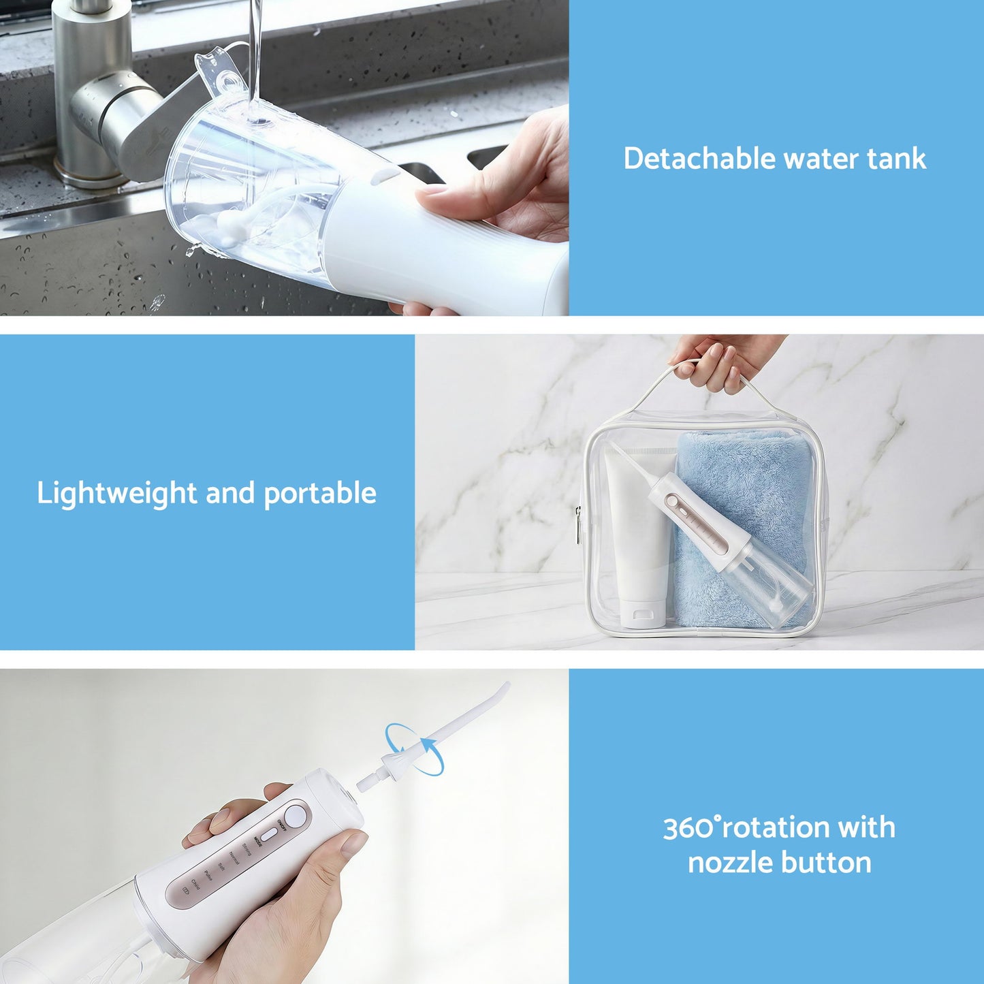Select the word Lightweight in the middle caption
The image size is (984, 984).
pyautogui.click(x=116, y=493)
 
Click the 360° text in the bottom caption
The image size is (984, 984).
pyautogui.click(x=691, y=827)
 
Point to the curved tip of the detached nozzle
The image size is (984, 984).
pyautogui.click(x=503, y=689)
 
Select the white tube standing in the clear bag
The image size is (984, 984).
pyautogui.click(x=637, y=538)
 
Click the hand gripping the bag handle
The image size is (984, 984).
pyautogui.click(x=722, y=361)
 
